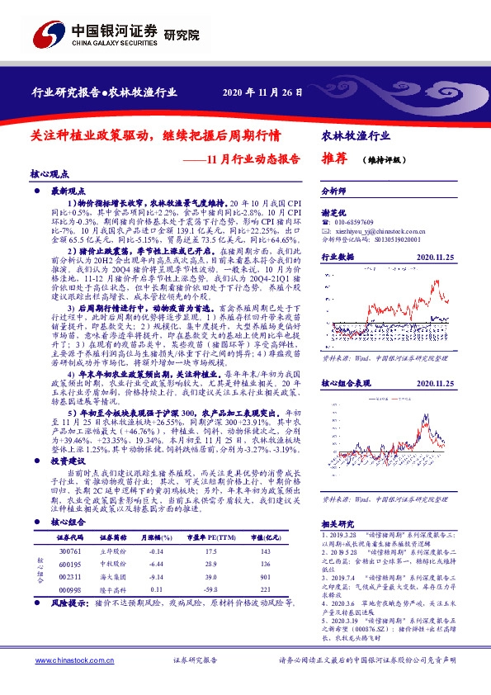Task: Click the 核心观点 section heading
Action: [50, 174]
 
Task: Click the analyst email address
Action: [379, 233]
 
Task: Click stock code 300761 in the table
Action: [71, 550]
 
